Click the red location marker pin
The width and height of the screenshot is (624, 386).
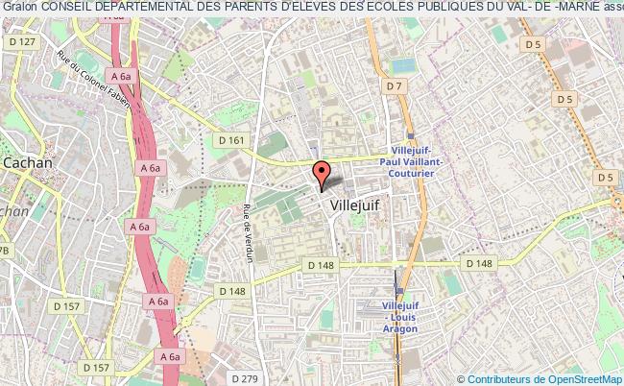pos(323,172)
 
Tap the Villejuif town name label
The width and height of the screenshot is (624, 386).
pos(355,205)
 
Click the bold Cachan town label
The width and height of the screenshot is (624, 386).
pos(28,163)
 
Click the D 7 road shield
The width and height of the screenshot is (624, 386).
pos(394,86)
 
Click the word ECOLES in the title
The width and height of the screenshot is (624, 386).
pos(389,8)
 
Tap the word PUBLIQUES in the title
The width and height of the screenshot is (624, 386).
pos(459,8)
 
